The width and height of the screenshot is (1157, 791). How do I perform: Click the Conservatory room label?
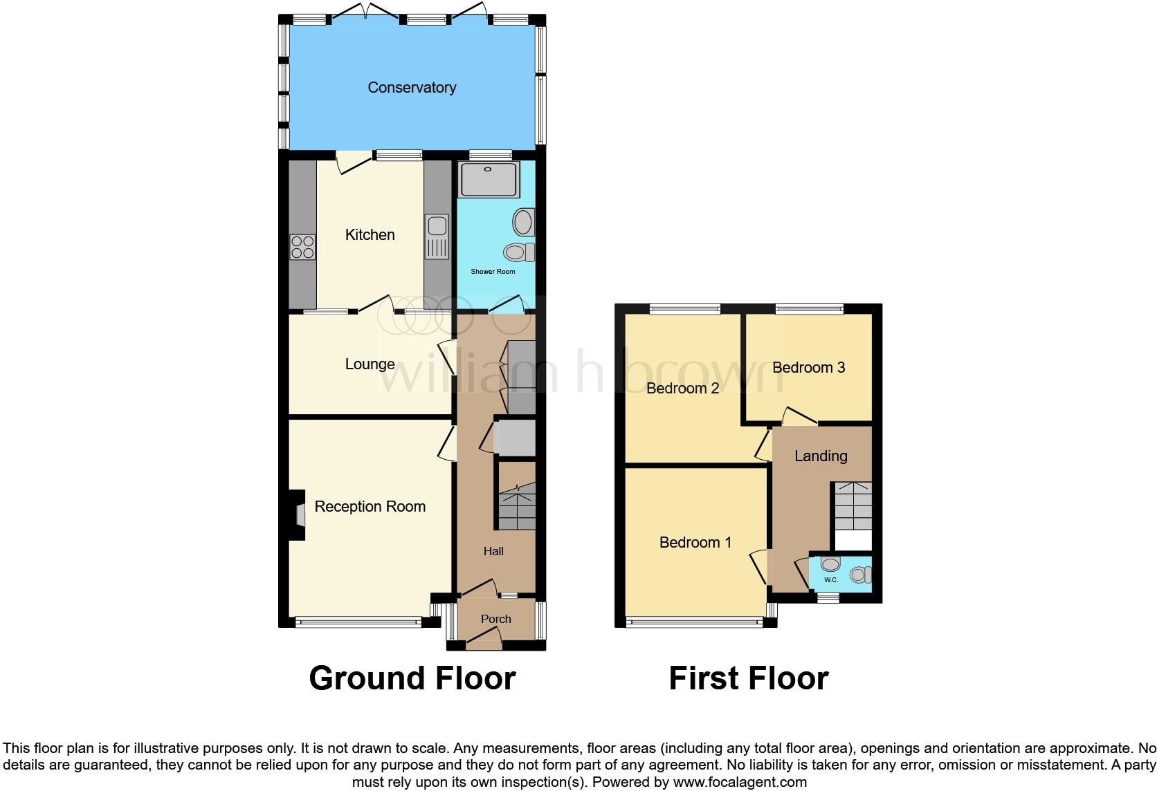[x=412, y=88]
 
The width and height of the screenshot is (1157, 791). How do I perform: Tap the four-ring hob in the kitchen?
[x=302, y=247]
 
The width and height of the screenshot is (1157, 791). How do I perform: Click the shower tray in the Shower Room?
[x=489, y=179]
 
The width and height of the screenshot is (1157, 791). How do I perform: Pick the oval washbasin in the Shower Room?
[x=523, y=223]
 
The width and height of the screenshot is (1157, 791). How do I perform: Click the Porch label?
[x=495, y=620]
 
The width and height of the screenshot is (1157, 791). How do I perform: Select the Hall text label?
[x=493, y=552]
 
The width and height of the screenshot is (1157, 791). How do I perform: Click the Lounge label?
[x=370, y=364]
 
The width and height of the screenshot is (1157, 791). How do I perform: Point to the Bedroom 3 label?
[x=808, y=368]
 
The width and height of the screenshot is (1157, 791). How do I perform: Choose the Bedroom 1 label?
[x=695, y=543]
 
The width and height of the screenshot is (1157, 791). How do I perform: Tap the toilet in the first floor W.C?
[x=860, y=575]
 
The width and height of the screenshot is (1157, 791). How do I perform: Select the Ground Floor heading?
[x=412, y=678]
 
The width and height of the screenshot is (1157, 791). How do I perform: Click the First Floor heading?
[x=748, y=678]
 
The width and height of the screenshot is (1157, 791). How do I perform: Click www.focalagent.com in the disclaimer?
[x=740, y=783]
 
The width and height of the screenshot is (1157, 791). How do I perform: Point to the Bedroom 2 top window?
[x=684, y=309]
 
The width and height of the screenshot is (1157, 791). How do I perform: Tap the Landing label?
[x=821, y=456]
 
